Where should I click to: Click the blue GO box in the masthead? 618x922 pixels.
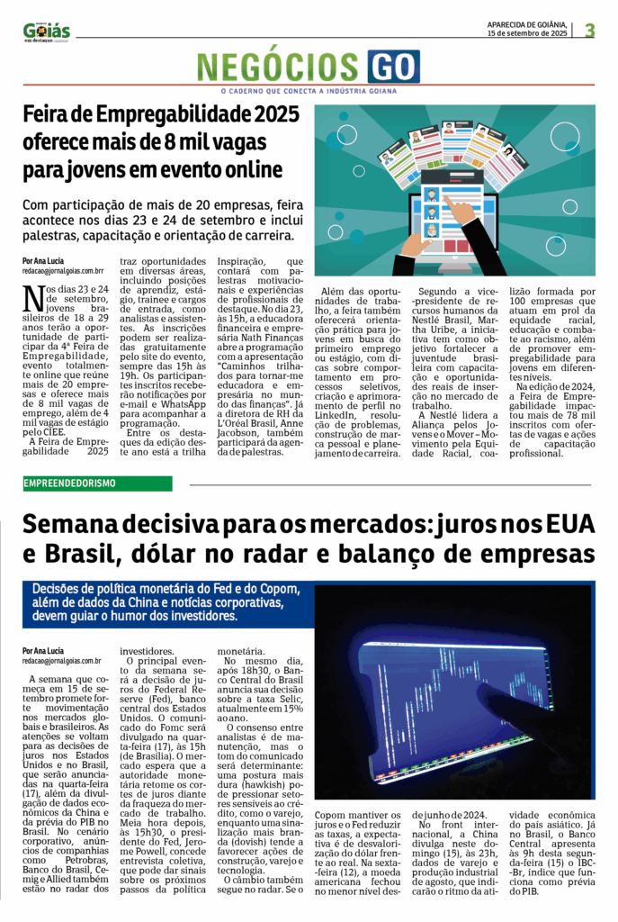click(x=392, y=66)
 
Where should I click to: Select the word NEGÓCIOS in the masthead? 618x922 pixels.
click(x=279, y=67)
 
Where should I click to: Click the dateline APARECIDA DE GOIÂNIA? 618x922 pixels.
click(x=526, y=23)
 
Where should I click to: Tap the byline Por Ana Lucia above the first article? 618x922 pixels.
click(x=43, y=260)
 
